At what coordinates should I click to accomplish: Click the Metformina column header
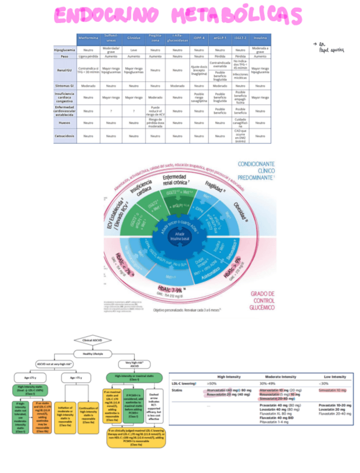point(88,38)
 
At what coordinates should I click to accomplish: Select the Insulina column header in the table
point(260,38)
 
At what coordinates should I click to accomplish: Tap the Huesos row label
point(65,122)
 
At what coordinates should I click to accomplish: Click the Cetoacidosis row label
point(65,134)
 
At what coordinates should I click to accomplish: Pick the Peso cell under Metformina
point(88,56)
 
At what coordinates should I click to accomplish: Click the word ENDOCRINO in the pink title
point(106,16)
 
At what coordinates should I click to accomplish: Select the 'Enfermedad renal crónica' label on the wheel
point(174,180)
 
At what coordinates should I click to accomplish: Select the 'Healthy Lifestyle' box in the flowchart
point(93,354)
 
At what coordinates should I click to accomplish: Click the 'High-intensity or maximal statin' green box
point(134,378)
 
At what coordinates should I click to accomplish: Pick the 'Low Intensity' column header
point(335,377)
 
